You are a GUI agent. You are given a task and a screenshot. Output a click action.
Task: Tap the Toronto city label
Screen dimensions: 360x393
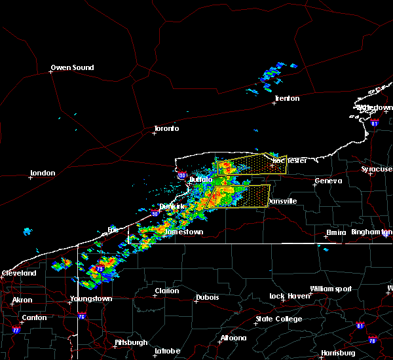pos(166,128)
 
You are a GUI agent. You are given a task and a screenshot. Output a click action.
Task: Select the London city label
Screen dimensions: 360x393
pos(43,173)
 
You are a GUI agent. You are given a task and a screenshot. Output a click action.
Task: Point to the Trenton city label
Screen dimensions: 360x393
pos(287,98)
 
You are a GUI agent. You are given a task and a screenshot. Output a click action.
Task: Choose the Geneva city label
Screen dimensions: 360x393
pos(328,181)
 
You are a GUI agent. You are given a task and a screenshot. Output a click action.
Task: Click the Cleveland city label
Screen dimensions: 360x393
pos(18,272)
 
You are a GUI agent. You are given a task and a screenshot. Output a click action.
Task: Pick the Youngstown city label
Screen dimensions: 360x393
pos(91,298)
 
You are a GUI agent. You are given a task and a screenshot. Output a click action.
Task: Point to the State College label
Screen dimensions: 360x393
pos(278,319)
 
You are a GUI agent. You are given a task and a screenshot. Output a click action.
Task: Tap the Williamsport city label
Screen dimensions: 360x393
pos(330,289)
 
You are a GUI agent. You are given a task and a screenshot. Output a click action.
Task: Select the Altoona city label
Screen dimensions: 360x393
pos(233,338)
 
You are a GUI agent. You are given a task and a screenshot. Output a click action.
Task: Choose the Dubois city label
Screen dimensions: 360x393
pos(207,298)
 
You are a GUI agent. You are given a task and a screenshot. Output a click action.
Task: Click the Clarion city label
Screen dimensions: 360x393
pos(167,291)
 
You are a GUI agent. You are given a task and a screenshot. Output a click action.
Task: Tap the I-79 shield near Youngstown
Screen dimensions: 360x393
pos(100,269)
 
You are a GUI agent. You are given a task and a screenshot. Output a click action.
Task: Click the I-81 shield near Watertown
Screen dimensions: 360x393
pos(375,122)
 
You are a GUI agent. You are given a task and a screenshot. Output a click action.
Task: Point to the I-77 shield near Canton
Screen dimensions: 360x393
pos(16,330)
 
